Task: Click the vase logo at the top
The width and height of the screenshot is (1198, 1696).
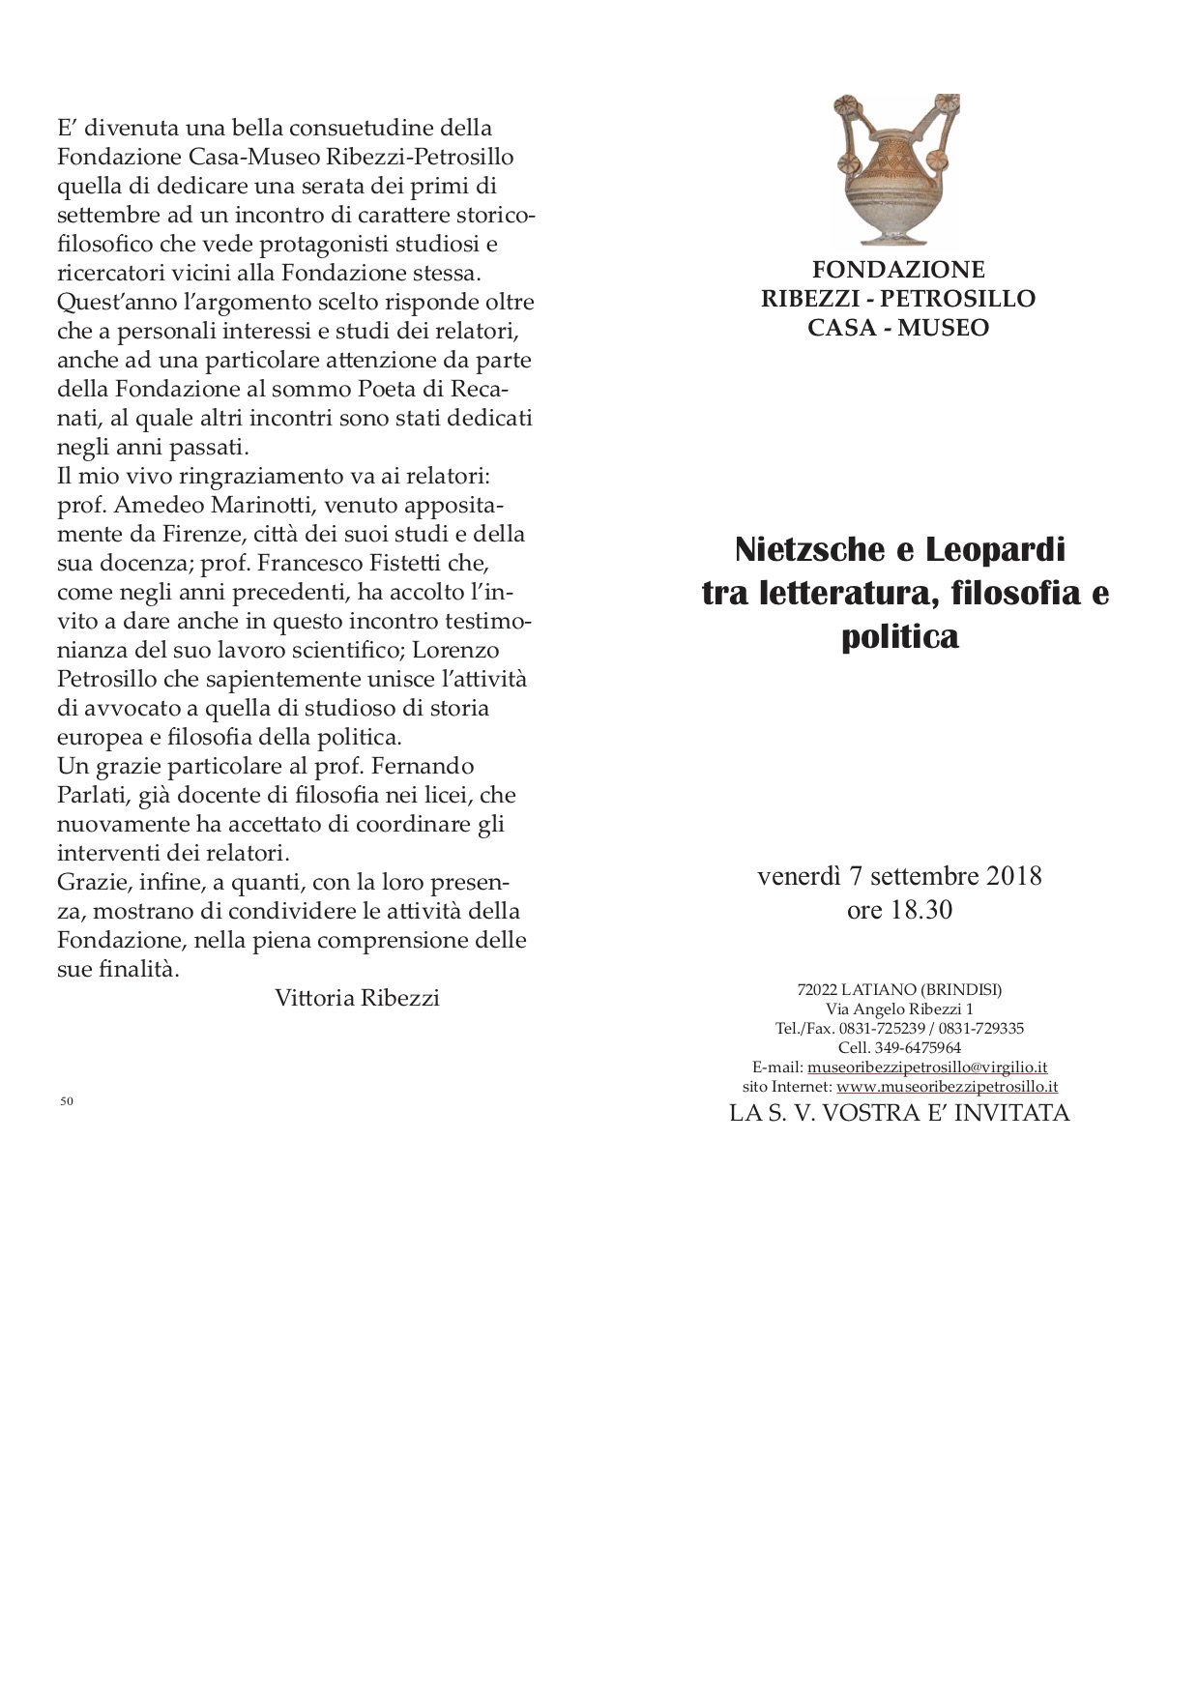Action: pos(897,169)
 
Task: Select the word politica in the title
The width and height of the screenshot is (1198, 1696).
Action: pos(899,638)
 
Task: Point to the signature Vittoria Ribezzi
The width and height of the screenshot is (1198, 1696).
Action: pos(357,998)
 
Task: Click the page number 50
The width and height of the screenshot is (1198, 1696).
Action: pos(67,1100)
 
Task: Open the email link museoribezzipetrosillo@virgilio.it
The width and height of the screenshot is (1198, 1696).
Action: pos(927,1067)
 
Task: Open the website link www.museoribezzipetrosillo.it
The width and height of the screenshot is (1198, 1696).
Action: pos(947,1087)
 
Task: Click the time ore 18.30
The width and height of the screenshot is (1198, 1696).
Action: pos(899,910)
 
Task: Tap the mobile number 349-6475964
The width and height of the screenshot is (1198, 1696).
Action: pos(918,1048)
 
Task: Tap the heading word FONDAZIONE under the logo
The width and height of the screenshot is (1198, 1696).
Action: pos(898,269)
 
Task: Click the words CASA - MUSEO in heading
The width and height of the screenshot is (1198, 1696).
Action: pos(898,328)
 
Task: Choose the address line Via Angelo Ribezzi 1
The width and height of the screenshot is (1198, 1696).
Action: pos(899,1009)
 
